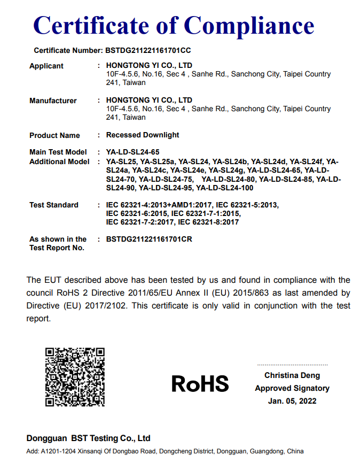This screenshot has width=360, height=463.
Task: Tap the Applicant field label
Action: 46,66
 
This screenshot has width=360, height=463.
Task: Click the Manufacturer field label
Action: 53,101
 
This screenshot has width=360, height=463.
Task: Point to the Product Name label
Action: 54,135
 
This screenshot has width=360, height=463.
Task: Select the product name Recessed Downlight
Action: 143,135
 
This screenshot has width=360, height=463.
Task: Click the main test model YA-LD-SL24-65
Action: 132,152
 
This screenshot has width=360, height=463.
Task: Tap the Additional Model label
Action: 59,161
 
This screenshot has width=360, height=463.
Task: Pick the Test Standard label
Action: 54,205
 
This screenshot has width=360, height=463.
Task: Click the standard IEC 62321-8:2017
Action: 208,222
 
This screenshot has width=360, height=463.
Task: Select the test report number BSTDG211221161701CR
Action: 149,239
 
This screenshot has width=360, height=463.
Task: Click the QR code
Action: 75,376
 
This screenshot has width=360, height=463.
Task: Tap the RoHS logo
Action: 200,383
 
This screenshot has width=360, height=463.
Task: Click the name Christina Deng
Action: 292,376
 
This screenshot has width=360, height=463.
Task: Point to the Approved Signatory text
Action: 292,388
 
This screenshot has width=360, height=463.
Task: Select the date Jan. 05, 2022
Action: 292,400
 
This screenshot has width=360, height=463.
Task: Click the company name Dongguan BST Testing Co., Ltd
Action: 89,438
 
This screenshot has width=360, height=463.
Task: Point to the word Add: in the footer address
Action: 33,451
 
